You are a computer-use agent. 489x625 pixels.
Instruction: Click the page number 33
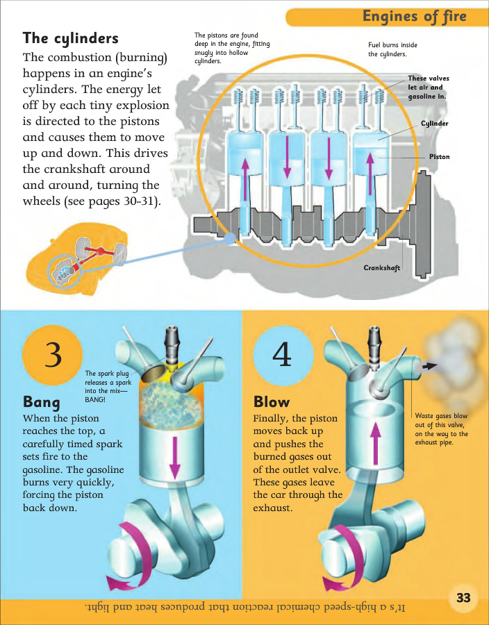(463, 597)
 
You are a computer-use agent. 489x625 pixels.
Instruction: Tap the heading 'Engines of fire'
(414, 17)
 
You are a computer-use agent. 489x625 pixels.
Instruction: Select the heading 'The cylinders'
(71, 37)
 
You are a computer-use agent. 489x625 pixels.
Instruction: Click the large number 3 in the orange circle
(53, 356)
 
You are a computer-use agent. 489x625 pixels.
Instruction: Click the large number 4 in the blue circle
(282, 356)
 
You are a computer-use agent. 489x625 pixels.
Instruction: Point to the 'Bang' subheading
(42, 402)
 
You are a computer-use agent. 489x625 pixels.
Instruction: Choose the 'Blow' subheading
(272, 402)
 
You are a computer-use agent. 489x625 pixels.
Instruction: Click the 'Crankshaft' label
(382, 267)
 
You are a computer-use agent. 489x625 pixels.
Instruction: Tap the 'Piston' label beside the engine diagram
(439, 157)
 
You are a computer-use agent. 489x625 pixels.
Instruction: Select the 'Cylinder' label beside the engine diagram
(435, 124)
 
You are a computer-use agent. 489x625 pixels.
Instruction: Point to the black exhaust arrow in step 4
(431, 365)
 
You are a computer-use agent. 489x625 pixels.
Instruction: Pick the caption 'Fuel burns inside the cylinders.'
(392, 49)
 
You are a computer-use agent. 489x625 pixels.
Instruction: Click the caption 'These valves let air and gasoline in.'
(426, 87)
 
